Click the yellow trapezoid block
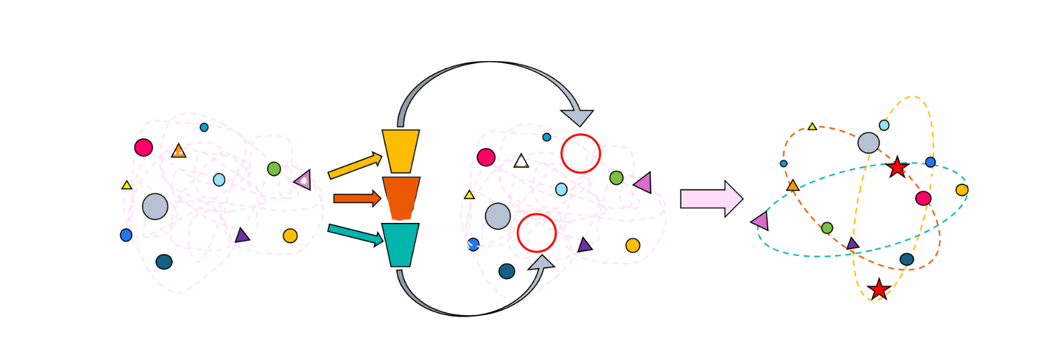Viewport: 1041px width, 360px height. (400, 151)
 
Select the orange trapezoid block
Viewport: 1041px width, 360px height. (401, 198)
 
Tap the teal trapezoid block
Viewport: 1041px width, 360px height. (400, 245)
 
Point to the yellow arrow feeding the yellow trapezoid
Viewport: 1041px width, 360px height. (354, 166)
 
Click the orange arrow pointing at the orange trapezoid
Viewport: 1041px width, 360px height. (357, 199)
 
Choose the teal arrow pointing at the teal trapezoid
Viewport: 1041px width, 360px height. (355, 234)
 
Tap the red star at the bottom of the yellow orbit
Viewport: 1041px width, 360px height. (878, 290)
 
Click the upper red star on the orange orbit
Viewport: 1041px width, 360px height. (897, 168)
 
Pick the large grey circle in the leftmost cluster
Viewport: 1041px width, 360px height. (155, 207)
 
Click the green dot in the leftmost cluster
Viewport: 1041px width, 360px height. (274, 169)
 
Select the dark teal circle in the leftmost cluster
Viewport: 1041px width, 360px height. (164, 262)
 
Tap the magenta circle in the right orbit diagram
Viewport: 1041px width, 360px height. (923, 198)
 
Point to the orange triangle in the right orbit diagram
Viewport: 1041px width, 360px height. (793, 186)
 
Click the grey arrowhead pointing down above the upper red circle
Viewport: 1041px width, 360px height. (577, 117)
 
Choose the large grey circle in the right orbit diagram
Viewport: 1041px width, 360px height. (868, 143)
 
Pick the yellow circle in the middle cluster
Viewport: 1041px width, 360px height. (633, 245)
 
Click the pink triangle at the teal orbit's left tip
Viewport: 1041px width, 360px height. (761, 221)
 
